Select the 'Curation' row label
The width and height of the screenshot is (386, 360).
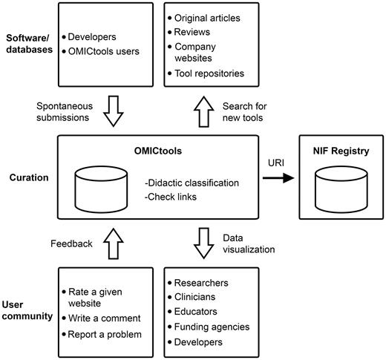tap(27, 178)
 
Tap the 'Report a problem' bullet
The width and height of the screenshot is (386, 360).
tap(105, 334)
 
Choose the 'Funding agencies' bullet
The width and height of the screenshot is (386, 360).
tap(212, 327)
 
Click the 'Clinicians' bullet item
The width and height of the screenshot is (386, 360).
tap(200, 297)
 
